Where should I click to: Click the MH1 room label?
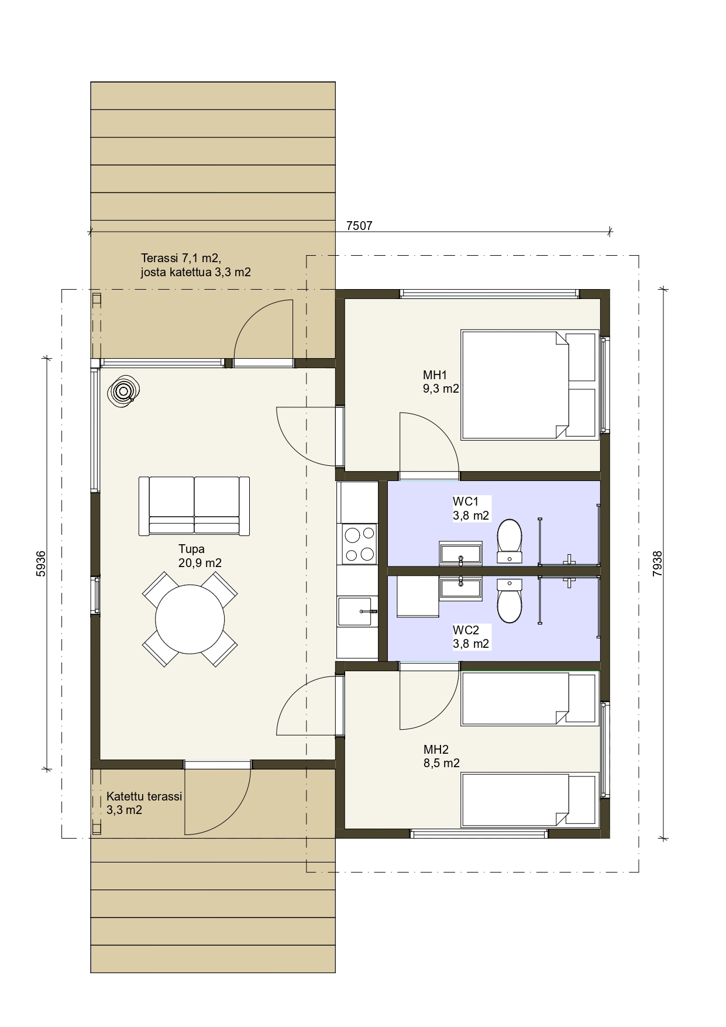click(x=435, y=375)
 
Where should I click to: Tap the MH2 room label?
click(x=436, y=750)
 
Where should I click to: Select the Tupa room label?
click(x=191, y=549)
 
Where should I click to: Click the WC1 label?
click(x=466, y=502)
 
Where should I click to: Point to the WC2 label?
click(x=466, y=630)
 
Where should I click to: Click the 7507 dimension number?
click(x=359, y=226)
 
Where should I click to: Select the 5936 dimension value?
click(x=41, y=564)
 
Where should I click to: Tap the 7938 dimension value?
click(x=658, y=564)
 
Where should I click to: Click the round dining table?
click(x=190, y=619)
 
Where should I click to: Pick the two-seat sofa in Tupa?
click(x=194, y=506)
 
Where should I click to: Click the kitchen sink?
click(x=355, y=611)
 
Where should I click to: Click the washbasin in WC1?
click(x=461, y=553)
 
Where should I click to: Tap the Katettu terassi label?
click(x=144, y=796)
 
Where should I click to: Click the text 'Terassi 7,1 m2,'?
click(x=181, y=258)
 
